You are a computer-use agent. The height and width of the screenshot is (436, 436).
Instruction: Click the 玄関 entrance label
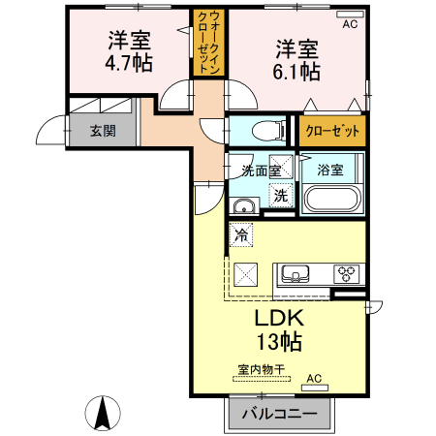click(103, 131)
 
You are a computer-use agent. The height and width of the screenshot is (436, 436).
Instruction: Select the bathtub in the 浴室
click(332, 198)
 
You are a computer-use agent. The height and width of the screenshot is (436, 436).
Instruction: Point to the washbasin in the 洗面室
click(244, 205)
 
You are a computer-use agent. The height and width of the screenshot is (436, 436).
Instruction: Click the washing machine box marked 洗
click(281, 195)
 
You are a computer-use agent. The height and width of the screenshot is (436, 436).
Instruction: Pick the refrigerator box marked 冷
click(241, 234)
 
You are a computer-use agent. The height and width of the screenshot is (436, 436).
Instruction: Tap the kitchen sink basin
click(295, 274)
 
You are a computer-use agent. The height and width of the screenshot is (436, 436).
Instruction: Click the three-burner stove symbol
click(347, 274)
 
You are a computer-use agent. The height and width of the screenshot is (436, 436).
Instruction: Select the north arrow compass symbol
click(103, 413)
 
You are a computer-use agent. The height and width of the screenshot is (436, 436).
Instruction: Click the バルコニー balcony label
click(280, 414)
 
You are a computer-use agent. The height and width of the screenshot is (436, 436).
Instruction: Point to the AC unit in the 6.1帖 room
click(350, 14)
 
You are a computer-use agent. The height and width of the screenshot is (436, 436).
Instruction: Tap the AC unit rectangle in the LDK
click(315, 388)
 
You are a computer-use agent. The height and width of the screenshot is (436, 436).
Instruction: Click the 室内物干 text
click(262, 369)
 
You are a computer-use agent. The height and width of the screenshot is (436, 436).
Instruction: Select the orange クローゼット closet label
click(332, 131)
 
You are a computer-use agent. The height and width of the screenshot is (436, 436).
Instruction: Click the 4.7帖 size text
click(129, 63)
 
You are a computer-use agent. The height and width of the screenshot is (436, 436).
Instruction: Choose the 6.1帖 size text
click(296, 72)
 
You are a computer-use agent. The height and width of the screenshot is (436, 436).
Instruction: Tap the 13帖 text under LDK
click(279, 342)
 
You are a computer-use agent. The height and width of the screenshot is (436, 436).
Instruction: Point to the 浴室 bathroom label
click(329, 170)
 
